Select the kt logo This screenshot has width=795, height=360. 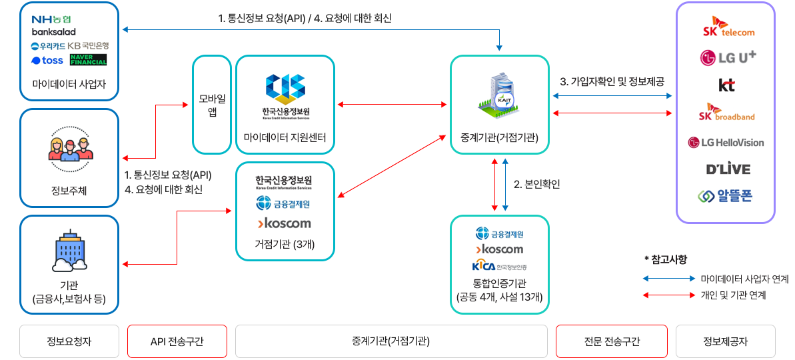pos(726,85)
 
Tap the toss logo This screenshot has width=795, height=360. pos(47,61)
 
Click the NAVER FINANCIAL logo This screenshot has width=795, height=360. pos(88,60)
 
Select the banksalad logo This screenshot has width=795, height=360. pos(54,32)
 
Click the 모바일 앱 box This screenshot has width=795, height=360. pos(212,105)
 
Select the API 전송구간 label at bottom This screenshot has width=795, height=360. pos(177,341)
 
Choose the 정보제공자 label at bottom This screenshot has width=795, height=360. pos(725,341)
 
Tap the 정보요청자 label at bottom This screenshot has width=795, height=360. pos(69,341)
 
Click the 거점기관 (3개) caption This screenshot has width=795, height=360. pos(285,244)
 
